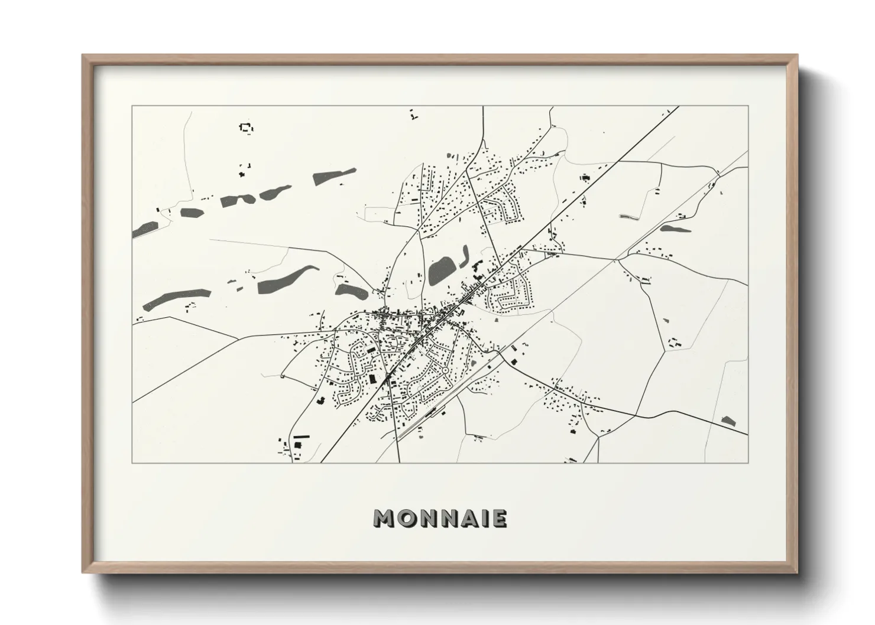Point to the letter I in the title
coord(487,519)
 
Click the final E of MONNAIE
coord(499,519)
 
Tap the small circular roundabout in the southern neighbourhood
coord(444,371)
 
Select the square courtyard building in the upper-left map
coord(245,128)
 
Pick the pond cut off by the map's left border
coord(145,229)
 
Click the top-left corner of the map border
coord(132,106)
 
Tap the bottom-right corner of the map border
coord(748,463)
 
